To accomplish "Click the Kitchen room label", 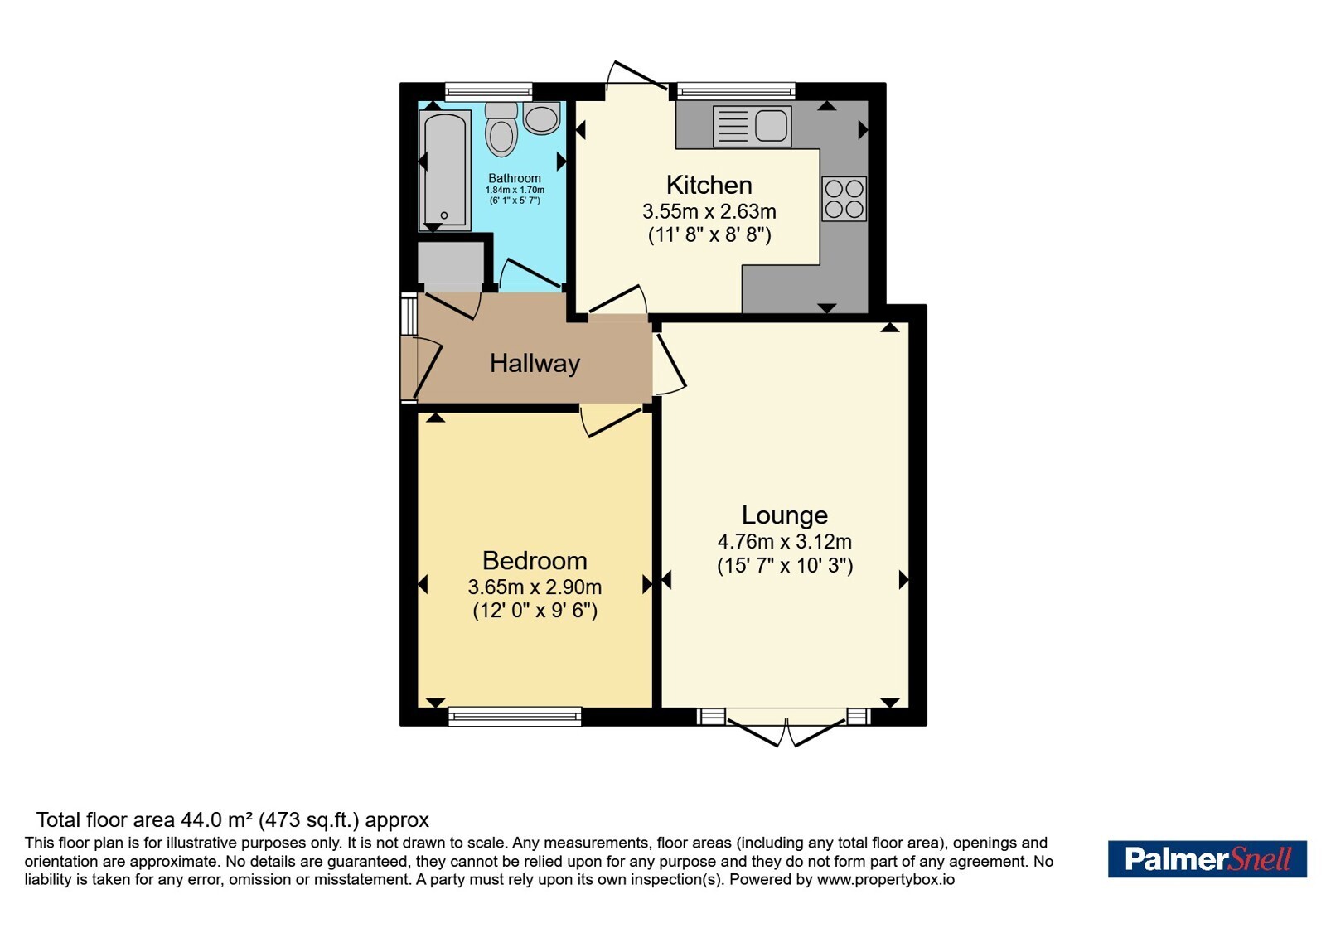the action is [709, 186].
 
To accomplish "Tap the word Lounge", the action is [784, 515].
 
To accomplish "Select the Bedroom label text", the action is [535, 560].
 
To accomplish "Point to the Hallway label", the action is [535, 364].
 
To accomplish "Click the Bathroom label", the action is [515, 178].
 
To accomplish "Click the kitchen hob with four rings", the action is [844, 199].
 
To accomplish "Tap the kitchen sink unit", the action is [753, 126].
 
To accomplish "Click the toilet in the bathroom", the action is [501, 129].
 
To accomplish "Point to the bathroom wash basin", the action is [542, 118].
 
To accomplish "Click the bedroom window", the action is [515, 716].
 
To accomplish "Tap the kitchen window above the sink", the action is [736, 91].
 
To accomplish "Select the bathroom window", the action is [488, 91].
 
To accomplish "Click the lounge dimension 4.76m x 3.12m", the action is [784, 542].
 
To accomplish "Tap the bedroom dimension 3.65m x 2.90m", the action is [535, 587].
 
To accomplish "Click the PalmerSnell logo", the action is [1207, 858].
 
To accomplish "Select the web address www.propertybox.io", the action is [886, 879].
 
